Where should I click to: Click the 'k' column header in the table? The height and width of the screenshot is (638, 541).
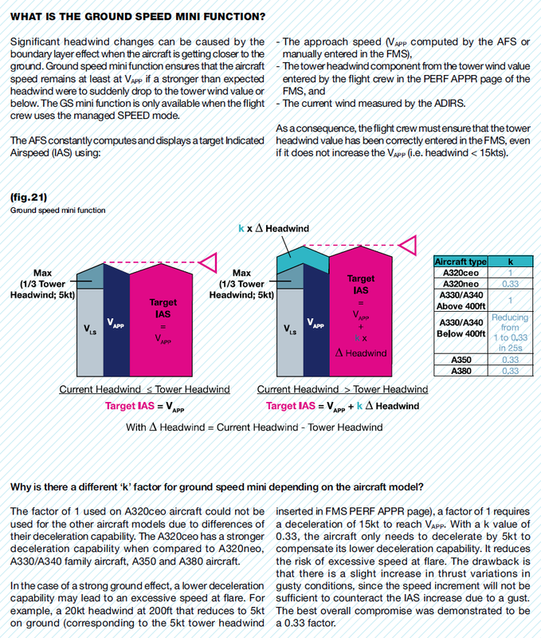(x=509, y=261)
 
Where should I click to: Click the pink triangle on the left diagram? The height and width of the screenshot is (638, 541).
(x=210, y=261)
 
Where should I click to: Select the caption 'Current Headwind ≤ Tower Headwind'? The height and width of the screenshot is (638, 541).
(x=144, y=389)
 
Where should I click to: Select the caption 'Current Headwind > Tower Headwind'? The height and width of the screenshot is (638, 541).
(x=343, y=389)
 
